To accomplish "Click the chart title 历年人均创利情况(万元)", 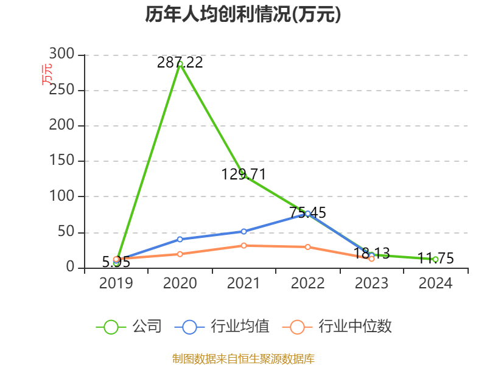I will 243,15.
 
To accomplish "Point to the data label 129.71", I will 243,175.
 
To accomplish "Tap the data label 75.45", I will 307,213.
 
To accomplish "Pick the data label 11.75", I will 436,259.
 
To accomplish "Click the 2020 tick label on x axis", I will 180,283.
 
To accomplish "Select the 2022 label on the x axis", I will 308,283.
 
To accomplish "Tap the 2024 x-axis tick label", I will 436,283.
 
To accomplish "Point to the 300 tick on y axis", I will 62,55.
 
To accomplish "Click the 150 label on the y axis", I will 62,161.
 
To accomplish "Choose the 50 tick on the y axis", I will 67,232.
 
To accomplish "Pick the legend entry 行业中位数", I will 338,327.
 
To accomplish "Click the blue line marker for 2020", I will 180,239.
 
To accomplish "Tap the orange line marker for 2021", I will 243,245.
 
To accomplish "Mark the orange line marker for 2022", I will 308,247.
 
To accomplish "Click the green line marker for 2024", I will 436,260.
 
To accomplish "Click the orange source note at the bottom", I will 243,358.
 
